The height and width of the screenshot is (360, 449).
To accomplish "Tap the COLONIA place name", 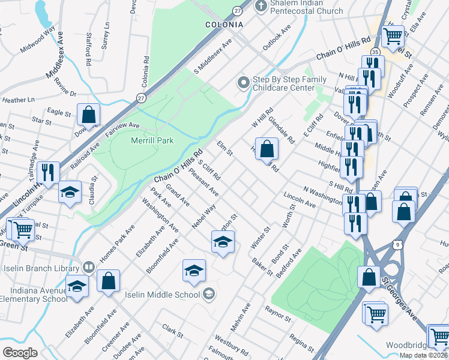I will tap(224, 25).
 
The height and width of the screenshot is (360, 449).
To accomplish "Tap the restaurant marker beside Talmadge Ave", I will tap(48, 172).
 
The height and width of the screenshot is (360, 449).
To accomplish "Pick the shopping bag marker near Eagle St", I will tap(88, 114).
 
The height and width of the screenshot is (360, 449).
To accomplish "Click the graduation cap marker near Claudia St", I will tap(70, 192).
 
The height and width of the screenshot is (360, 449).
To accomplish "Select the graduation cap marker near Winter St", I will tap(223, 242).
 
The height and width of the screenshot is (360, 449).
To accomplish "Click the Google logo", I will tap(20, 352).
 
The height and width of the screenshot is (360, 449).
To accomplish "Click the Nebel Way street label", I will tap(204, 217).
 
